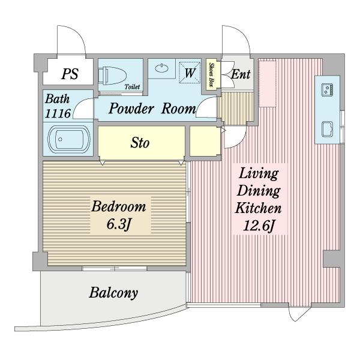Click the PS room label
(70, 74)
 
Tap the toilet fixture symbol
(113, 76)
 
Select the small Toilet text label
(132, 87)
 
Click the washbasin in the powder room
(161, 68)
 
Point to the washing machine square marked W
(190, 73)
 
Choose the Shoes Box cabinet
(211, 74)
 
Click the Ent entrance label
(241, 74)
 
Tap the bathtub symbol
(68, 139)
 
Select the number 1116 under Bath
(58, 113)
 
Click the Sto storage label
(140, 143)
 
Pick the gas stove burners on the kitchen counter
(327, 89)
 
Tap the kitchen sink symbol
(327, 129)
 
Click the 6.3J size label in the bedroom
(119, 224)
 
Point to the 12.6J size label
(259, 226)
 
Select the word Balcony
(113, 293)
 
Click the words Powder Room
(152, 109)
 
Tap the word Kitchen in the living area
(258, 208)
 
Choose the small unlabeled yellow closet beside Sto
(205, 141)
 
